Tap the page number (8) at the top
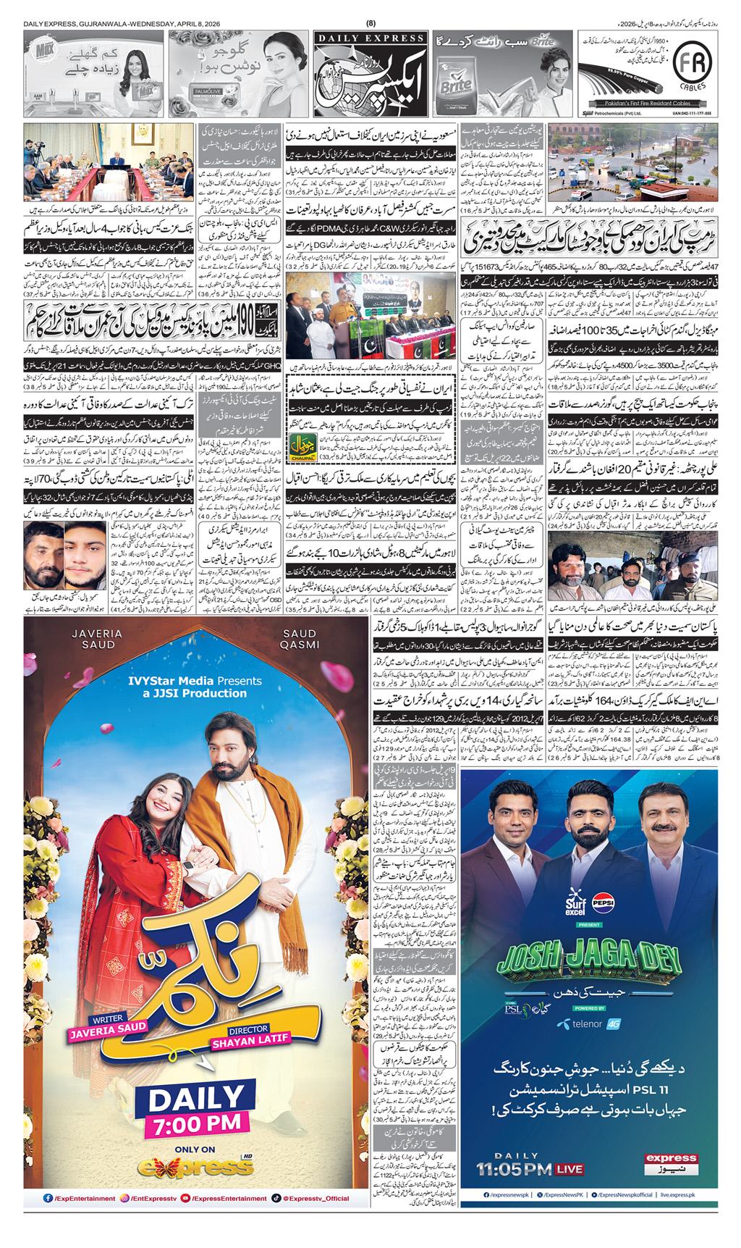[x=372, y=23]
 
